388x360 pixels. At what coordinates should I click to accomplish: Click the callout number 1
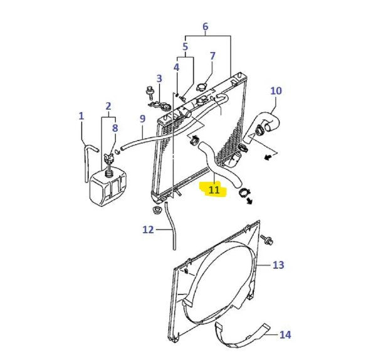81,115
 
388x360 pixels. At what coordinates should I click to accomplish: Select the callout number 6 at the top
205,26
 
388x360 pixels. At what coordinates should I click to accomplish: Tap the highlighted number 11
214,189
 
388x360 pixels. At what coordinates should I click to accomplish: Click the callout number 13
278,265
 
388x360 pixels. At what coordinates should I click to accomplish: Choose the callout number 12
147,230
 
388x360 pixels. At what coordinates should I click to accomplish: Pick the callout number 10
276,91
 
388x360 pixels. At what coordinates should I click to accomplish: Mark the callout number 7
212,56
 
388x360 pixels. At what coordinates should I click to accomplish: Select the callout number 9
142,119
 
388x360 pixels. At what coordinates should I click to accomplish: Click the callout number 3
159,78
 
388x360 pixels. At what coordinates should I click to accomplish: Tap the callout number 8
114,128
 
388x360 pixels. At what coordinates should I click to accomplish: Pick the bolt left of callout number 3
149,90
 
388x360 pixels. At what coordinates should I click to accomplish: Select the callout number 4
177,66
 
